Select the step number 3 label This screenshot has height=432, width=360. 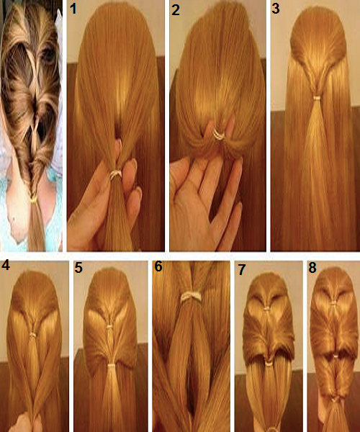276,10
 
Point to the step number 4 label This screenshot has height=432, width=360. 6,266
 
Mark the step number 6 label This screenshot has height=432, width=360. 158,266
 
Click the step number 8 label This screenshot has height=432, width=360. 312,268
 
